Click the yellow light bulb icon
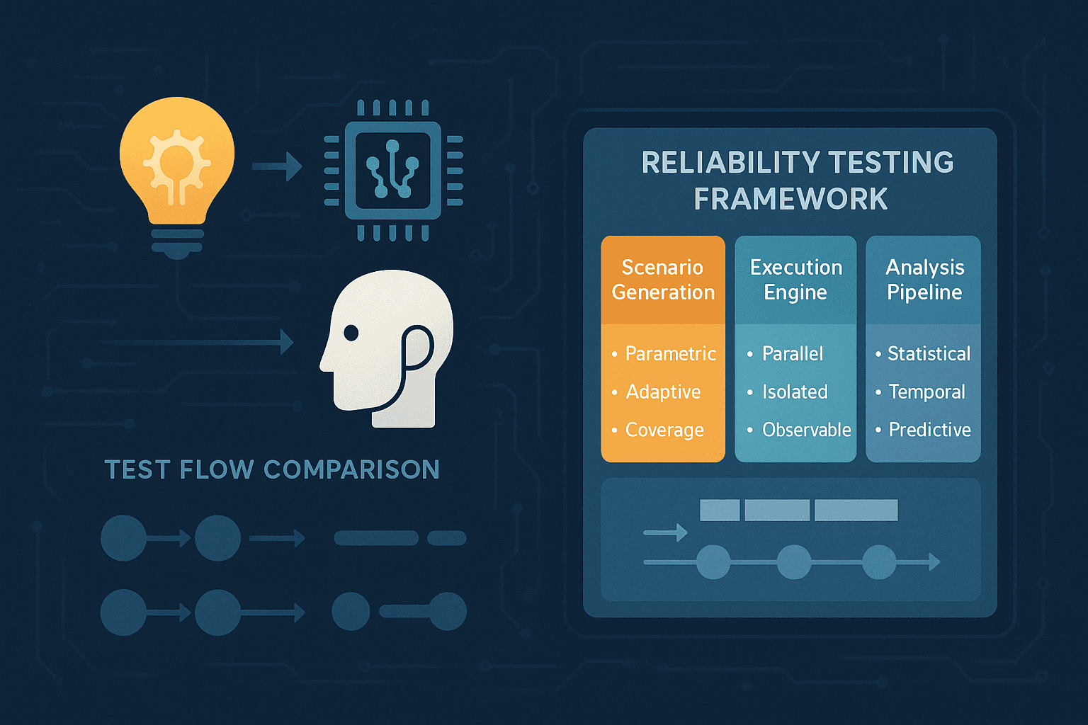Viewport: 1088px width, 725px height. [x=176, y=170]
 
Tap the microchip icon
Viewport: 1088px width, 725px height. [x=392, y=171]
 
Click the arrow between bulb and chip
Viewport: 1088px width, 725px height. [x=277, y=167]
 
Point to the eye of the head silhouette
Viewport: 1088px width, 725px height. [x=351, y=332]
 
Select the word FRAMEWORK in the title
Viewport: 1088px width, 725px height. [x=790, y=200]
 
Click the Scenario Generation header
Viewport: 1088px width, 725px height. [x=663, y=280]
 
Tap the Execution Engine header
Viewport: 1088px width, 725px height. [x=795, y=280]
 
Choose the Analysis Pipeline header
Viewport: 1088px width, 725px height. [x=924, y=280]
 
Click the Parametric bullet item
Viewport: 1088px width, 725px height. [x=670, y=353]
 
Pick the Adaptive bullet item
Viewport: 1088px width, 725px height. [x=663, y=392]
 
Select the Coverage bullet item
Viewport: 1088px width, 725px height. [x=664, y=430]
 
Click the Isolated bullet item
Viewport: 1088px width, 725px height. [x=795, y=392]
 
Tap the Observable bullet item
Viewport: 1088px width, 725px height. [x=806, y=430]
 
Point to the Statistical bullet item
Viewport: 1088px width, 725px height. [x=929, y=353]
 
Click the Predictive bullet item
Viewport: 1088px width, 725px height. [x=929, y=430]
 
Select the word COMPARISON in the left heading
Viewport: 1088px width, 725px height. [x=351, y=469]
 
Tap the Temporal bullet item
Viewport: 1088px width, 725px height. [x=926, y=392]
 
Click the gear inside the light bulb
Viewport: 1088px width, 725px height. [x=176, y=162]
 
